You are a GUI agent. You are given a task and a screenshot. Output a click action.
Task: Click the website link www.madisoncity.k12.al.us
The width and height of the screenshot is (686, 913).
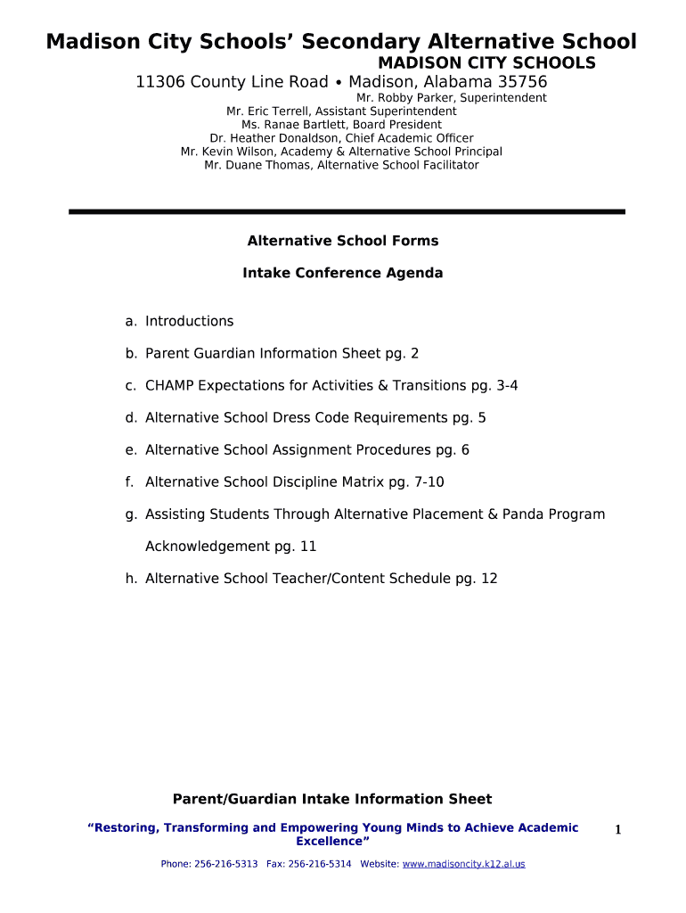pos(463,864)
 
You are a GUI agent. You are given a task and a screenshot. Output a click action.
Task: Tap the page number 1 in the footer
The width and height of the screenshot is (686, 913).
pos(617,830)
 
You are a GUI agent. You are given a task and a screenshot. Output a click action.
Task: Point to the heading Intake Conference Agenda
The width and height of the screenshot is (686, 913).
pos(342,273)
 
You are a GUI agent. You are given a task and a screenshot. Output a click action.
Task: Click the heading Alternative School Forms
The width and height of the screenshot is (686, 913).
pos(342,241)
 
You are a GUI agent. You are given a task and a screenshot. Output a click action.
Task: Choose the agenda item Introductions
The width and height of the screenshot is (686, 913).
pos(189,321)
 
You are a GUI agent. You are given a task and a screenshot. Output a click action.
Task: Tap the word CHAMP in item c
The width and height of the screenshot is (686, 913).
pos(169,385)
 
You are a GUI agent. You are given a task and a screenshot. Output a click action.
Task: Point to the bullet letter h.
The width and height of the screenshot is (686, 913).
pos(130,578)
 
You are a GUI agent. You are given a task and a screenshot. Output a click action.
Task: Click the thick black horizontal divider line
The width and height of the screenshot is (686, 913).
pos(347,211)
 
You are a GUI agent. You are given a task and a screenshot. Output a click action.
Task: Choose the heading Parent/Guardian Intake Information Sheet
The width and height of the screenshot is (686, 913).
pos(331,799)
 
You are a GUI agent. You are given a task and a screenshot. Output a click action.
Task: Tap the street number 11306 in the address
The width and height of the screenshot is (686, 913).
pos(160,82)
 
